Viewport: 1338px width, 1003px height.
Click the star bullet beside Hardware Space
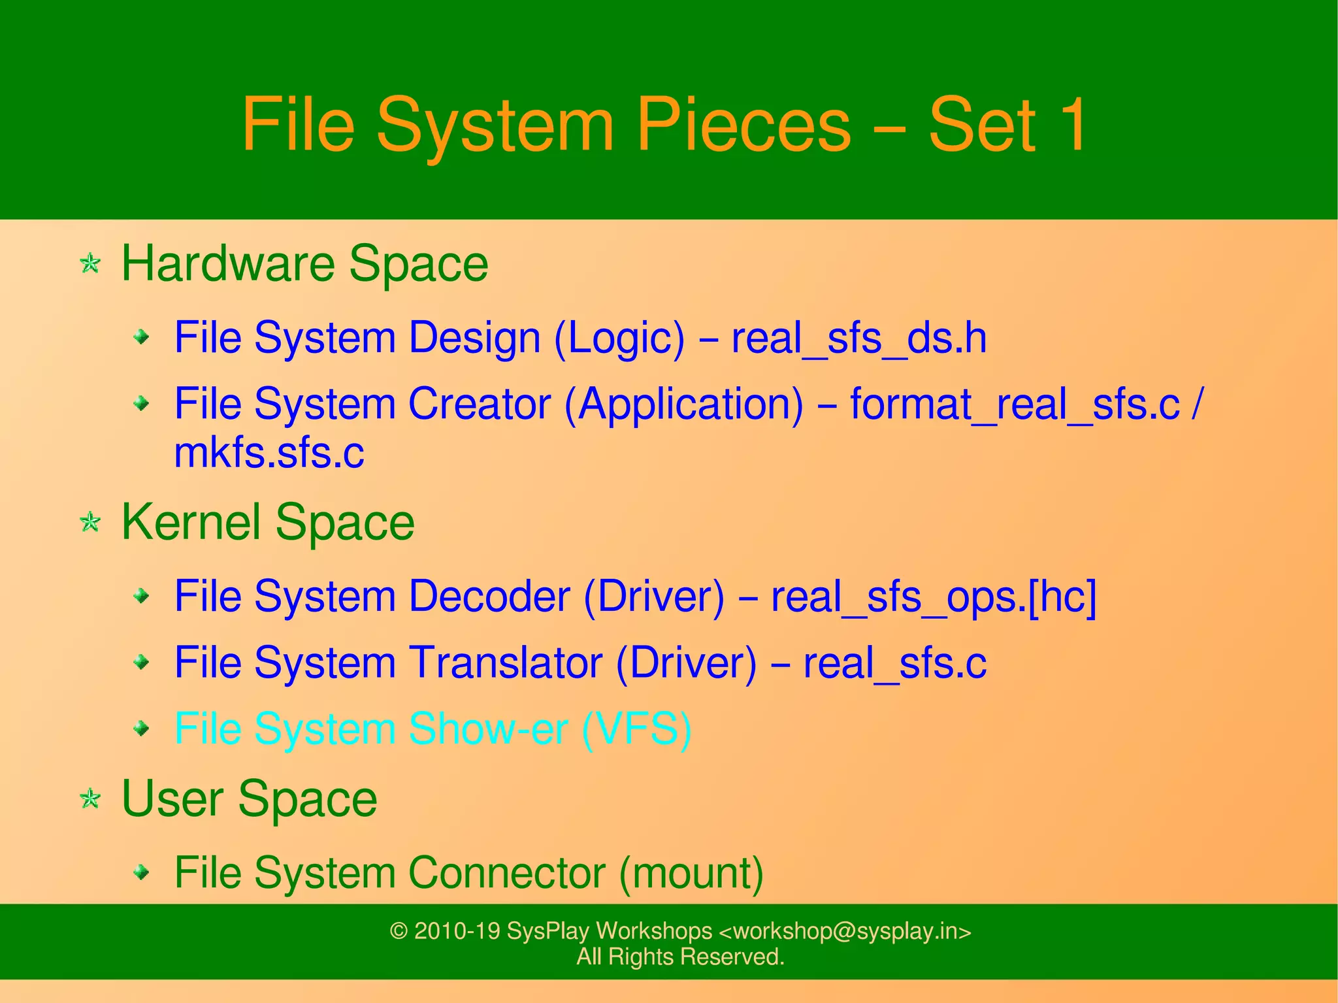(x=90, y=264)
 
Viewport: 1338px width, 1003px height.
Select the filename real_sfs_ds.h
(x=858, y=338)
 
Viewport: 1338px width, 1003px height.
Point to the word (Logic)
(x=619, y=338)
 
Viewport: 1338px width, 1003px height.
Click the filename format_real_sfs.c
(x=1014, y=404)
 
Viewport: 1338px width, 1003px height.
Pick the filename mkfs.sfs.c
(x=269, y=453)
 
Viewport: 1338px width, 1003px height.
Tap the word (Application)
(x=683, y=404)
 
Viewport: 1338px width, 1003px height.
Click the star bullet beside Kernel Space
(x=90, y=522)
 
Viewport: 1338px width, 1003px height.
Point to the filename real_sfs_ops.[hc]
(x=933, y=597)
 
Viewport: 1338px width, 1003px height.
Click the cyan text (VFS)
(x=636, y=729)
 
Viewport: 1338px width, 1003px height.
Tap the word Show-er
(x=487, y=729)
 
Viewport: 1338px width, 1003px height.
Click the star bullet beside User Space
(x=90, y=798)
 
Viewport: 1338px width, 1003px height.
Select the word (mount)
(x=691, y=873)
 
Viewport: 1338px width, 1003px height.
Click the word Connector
(x=506, y=873)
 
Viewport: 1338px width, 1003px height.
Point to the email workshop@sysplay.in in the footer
(x=845, y=931)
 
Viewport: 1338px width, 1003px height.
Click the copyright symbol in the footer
(x=399, y=931)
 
